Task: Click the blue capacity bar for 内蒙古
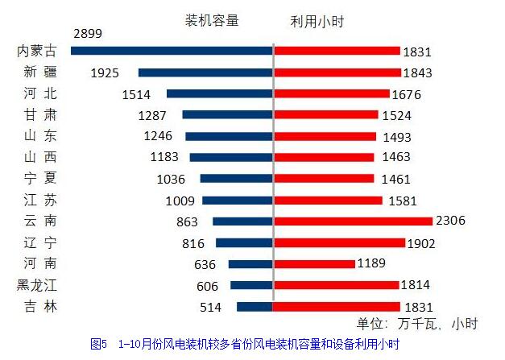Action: (x=172, y=51)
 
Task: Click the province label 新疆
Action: (x=40, y=72)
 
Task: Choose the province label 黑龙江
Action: (x=37, y=284)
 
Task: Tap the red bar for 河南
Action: (x=314, y=263)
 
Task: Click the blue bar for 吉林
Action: (x=255, y=306)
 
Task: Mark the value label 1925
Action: (x=105, y=72)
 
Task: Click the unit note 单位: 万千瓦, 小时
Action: (x=417, y=324)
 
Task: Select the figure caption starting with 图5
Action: (x=245, y=344)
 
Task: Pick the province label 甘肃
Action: (x=40, y=114)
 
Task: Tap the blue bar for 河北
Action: (x=220, y=93)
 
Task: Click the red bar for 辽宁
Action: (x=338, y=242)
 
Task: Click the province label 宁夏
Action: (x=40, y=178)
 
